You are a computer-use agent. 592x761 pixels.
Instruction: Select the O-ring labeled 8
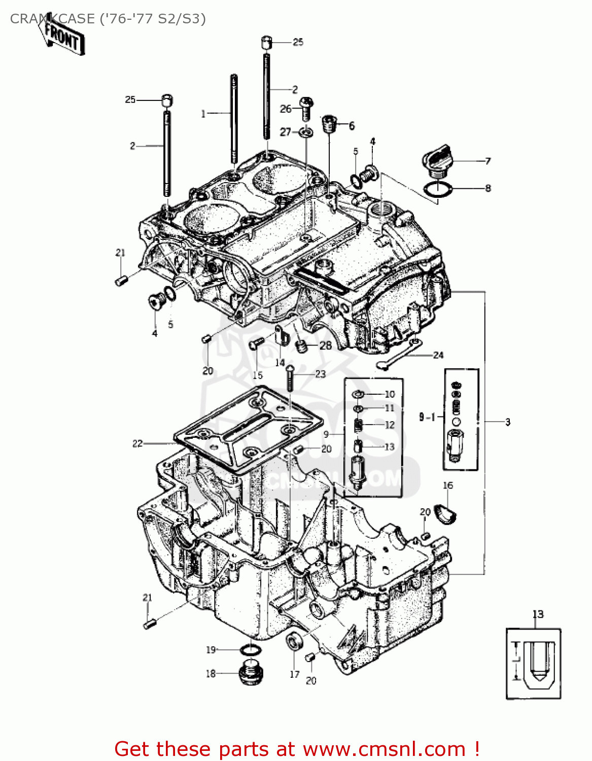click(x=437, y=190)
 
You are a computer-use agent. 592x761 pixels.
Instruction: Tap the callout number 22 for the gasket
click(x=137, y=443)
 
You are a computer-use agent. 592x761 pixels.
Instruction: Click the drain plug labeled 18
click(x=251, y=673)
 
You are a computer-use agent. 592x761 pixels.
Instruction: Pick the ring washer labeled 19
click(x=250, y=650)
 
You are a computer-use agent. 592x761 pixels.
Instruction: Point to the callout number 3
click(x=507, y=422)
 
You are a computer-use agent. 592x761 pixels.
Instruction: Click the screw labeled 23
click(x=289, y=377)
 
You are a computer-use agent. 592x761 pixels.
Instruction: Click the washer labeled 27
click(x=306, y=133)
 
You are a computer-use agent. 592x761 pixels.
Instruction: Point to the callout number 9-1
click(x=427, y=417)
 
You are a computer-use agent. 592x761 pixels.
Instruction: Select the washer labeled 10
click(x=358, y=394)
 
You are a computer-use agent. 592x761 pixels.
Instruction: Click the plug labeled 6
click(x=330, y=123)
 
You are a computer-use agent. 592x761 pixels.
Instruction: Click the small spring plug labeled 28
click(x=302, y=347)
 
